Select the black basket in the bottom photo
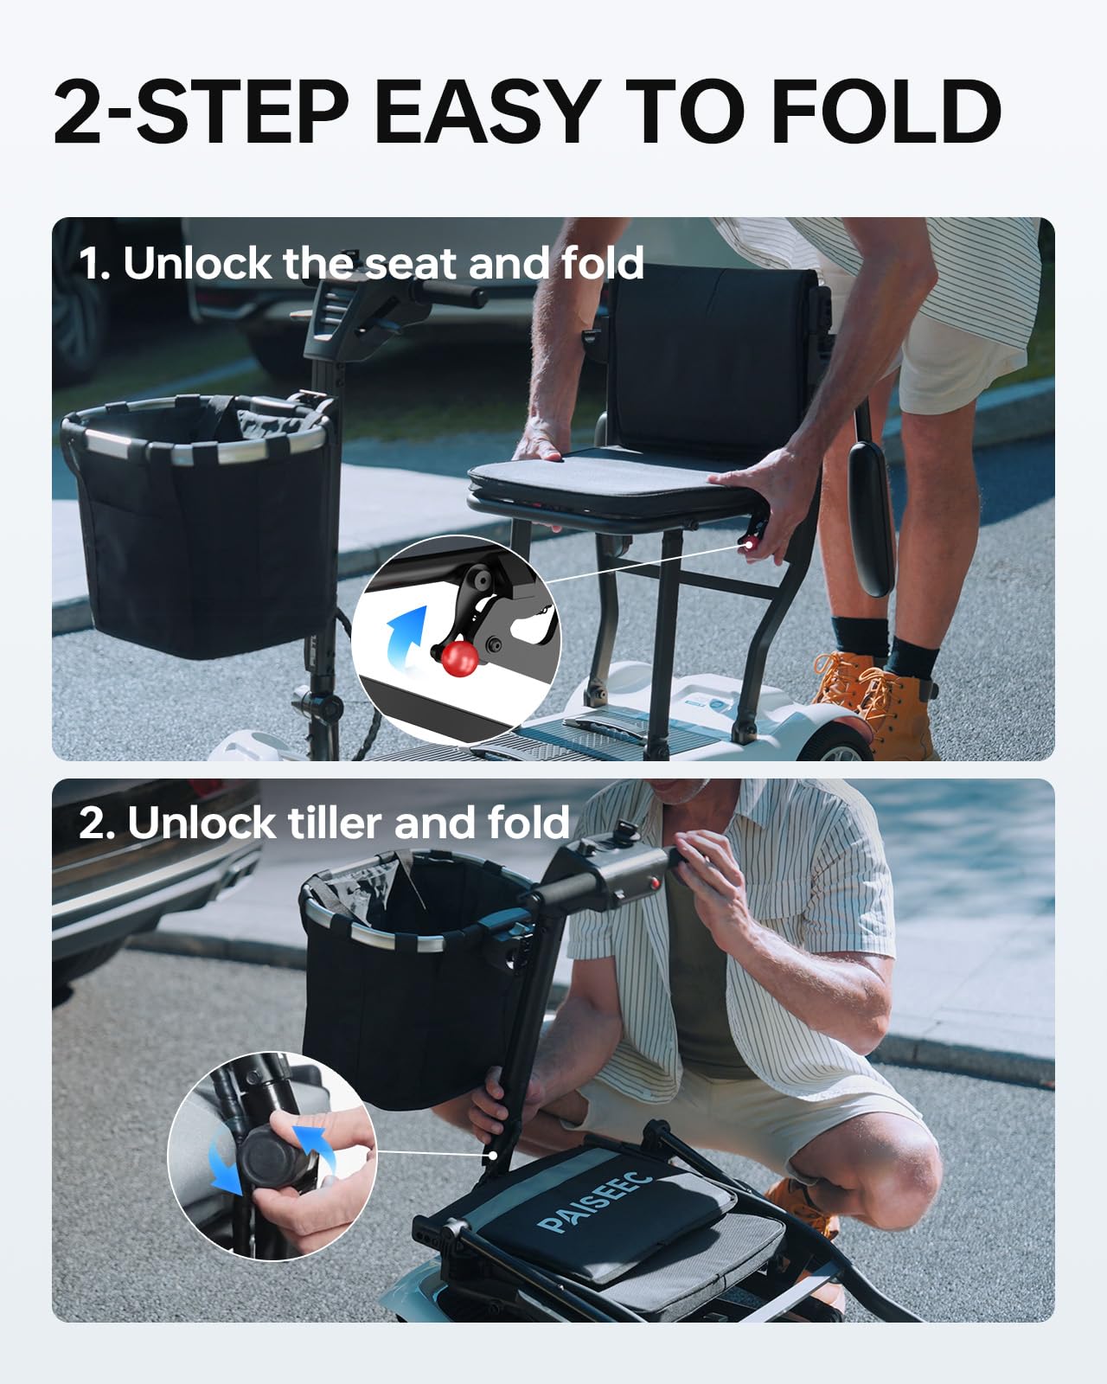406,1003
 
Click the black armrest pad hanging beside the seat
870,510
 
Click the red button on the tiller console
656,882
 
